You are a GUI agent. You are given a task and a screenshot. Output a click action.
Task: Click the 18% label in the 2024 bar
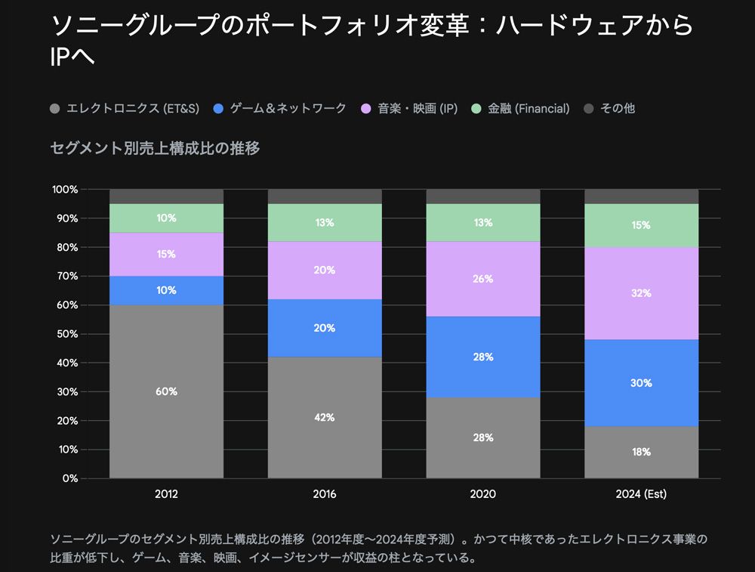pyautogui.click(x=641, y=452)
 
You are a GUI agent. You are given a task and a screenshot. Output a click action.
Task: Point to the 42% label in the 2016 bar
pyautogui.click(x=325, y=417)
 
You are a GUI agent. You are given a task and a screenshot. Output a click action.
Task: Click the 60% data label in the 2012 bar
pyautogui.click(x=166, y=391)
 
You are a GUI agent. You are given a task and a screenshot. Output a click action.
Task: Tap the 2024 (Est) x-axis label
pyautogui.click(x=641, y=495)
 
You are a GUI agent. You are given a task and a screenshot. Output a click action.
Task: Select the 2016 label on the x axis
pyautogui.click(x=325, y=495)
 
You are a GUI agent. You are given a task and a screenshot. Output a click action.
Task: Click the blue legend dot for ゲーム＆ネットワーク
pyautogui.click(x=219, y=109)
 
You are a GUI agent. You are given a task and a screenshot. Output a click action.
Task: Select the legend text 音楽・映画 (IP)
pyautogui.click(x=418, y=109)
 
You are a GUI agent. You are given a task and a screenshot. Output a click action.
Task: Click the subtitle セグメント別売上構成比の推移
pyautogui.click(x=155, y=149)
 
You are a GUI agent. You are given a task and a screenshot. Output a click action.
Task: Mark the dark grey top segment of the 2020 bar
pyautogui.click(x=483, y=196)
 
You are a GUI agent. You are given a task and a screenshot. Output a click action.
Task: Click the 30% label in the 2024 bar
pyautogui.click(x=641, y=383)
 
